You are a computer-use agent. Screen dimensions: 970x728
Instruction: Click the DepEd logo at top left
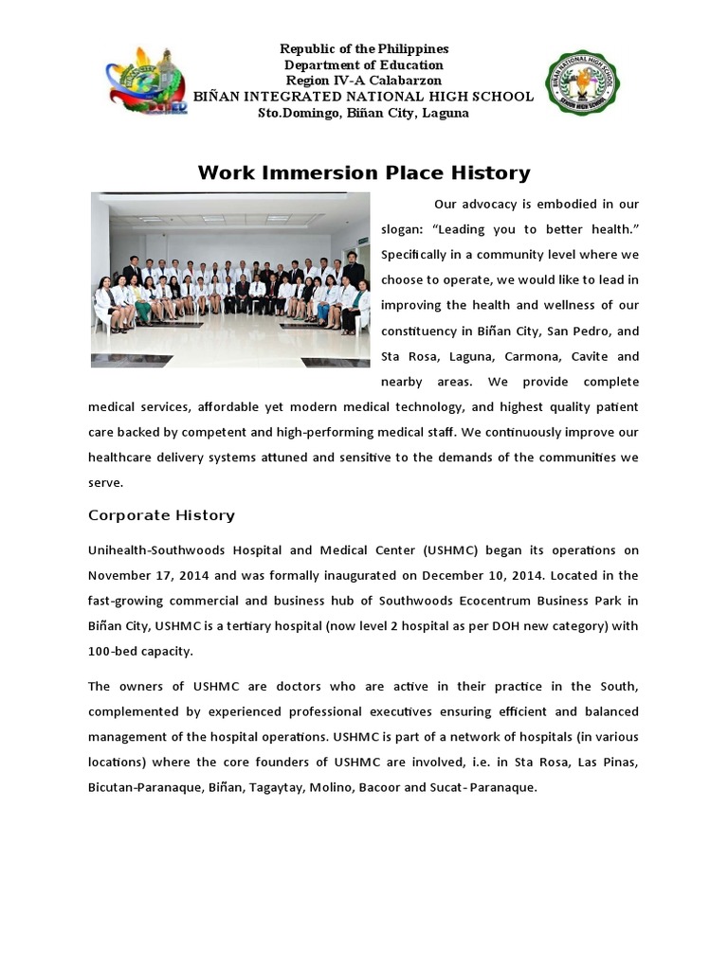[x=147, y=81]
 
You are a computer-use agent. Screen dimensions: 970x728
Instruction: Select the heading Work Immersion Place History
[x=364, y=173]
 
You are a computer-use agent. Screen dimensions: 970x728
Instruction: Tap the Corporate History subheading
[x=161, y=515]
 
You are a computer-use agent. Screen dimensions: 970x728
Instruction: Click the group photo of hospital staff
[x=230, y=279]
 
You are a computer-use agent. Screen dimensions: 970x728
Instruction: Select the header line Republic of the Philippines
[x=364, y=48]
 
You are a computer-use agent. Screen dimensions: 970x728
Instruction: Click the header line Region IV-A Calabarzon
[x=364, y=81]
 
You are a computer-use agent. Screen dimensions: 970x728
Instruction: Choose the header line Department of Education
[x=364, y=64]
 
